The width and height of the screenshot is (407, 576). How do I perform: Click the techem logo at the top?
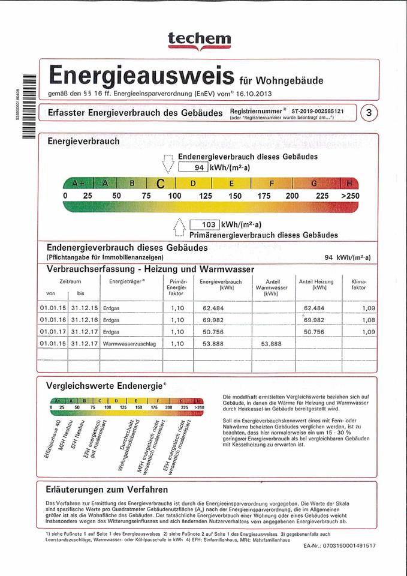click(x=203, y=39)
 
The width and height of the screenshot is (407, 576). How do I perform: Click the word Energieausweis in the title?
click(x=141, y=76)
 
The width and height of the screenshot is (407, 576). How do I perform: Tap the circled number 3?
click(x=368, y=113)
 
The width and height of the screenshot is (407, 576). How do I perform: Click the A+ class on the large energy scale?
click(x=79, y=183)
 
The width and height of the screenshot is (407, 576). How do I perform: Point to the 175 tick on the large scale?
click(x=264, y=196)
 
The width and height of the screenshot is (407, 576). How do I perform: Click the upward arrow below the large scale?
click(x=179, y=229)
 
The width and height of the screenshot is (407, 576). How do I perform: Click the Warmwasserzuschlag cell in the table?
click(x=126, y=344)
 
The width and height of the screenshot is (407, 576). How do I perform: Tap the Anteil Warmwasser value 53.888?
click(x=271, y=344)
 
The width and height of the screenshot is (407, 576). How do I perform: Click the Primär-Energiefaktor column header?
click(x=179, y=287)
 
